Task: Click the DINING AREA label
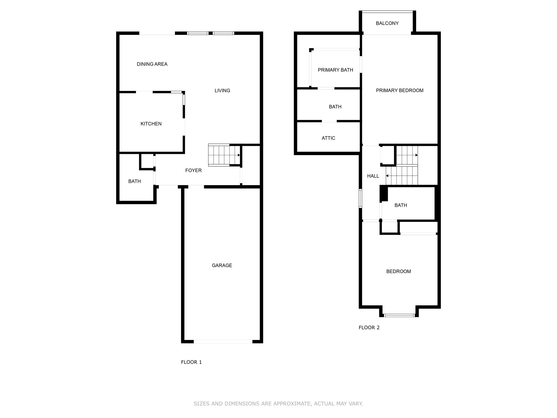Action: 152,64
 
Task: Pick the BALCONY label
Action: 387,23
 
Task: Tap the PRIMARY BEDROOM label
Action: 399,90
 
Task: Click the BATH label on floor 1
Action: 134,181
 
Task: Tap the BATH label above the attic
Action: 335,107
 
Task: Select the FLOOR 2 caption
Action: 369,328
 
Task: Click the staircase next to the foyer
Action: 224,155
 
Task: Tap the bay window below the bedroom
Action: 399,315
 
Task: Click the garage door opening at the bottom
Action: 223,341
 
